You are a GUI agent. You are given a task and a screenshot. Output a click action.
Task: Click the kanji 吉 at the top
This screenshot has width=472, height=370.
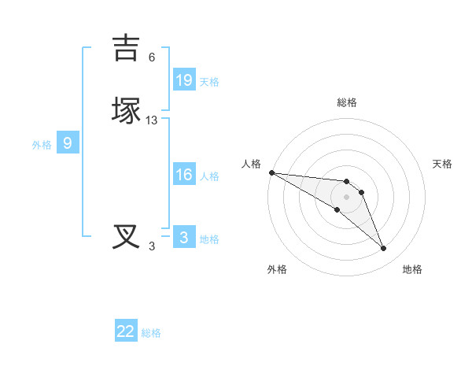click(126, 48)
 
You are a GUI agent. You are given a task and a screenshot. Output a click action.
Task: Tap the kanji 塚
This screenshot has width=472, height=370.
click(126, 111)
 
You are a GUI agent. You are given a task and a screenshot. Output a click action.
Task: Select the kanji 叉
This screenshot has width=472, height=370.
click(126, 237)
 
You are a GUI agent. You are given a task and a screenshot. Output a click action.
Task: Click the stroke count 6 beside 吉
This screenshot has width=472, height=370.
click(152, 57)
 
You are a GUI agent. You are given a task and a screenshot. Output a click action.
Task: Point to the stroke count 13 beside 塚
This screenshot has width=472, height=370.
click(152, 120)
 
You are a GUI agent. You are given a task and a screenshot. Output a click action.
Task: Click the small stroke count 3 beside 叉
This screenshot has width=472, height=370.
click(152, 246)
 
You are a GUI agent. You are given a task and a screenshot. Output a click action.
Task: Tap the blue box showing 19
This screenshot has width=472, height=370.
click(184, 80)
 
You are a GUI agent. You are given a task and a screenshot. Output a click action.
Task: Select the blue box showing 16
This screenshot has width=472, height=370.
click(184, 176)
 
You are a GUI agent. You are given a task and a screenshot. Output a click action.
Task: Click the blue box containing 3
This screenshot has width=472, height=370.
click(184, 238)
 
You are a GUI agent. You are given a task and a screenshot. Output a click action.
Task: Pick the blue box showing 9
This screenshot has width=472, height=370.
click(68, 143)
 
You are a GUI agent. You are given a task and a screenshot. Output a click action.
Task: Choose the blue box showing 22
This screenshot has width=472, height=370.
click(126, 331)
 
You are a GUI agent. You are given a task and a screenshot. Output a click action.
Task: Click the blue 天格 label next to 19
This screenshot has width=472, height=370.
click(209, 81)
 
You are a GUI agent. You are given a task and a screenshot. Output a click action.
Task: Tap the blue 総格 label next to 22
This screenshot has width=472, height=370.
click(151, 333)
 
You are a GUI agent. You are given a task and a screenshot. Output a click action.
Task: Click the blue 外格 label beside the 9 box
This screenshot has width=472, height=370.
click(42, 145)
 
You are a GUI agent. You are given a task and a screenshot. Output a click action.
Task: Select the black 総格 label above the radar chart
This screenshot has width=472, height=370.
click(347, 102)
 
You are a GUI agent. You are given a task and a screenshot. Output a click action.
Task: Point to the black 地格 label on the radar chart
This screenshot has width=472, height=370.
click(412, 270)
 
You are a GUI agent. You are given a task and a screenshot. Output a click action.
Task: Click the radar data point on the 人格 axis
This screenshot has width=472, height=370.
click(271, 172)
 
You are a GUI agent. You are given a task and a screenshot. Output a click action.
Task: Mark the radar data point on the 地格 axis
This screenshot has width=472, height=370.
click(384, 249)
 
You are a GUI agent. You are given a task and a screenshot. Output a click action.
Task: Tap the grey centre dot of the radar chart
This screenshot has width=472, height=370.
click(347, 196)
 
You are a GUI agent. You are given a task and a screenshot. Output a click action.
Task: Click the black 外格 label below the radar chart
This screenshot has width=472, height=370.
click(277, 270)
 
